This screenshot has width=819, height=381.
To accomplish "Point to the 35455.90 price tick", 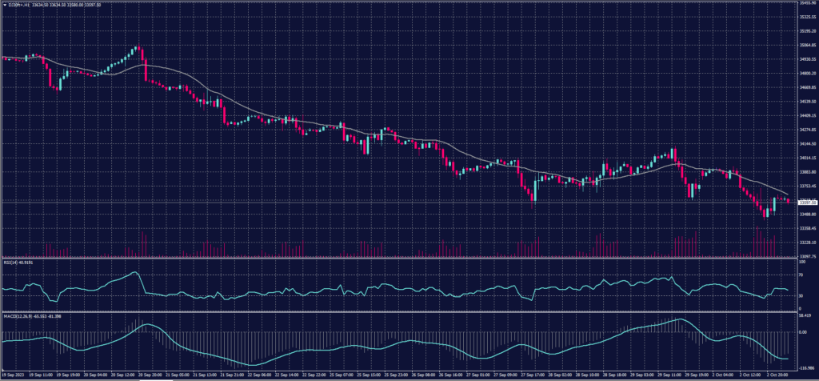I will [x=805, y=3].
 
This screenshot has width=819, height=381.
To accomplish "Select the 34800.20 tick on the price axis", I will [x=805, y=74].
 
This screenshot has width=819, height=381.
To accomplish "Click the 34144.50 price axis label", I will [x=805, y=144].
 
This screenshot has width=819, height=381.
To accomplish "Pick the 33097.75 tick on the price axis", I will [x=805, y=257].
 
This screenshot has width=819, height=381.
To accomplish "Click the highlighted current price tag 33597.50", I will [x=805, y=203].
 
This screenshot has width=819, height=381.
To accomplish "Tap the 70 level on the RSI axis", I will [x=801, y=275].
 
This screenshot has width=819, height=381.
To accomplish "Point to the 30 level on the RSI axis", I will [x=801, y=295].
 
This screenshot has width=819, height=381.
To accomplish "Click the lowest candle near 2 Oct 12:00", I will [x=765, y=217].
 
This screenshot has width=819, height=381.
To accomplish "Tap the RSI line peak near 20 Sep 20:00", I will [x=136, y=272].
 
